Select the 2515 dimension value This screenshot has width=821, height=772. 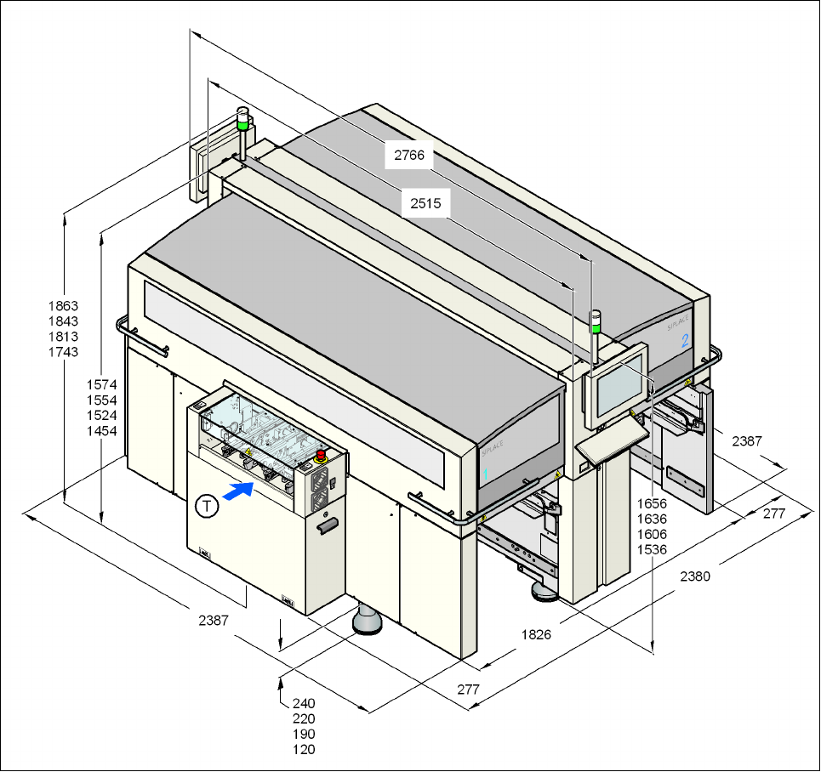[425, 204]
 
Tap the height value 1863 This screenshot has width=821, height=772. [64, 306]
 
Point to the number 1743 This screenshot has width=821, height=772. [64, 352]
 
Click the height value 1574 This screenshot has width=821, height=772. [101, 384]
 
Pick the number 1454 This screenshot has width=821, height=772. [101, 430]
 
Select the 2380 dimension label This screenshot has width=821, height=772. [695, 576]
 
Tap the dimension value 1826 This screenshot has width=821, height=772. [536, 634]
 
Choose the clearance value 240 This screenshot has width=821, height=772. [304, 704]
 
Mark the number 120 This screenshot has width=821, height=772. [304, 750]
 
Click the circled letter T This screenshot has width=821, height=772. [206, 505]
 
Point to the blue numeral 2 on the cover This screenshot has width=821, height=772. [685, 342]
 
